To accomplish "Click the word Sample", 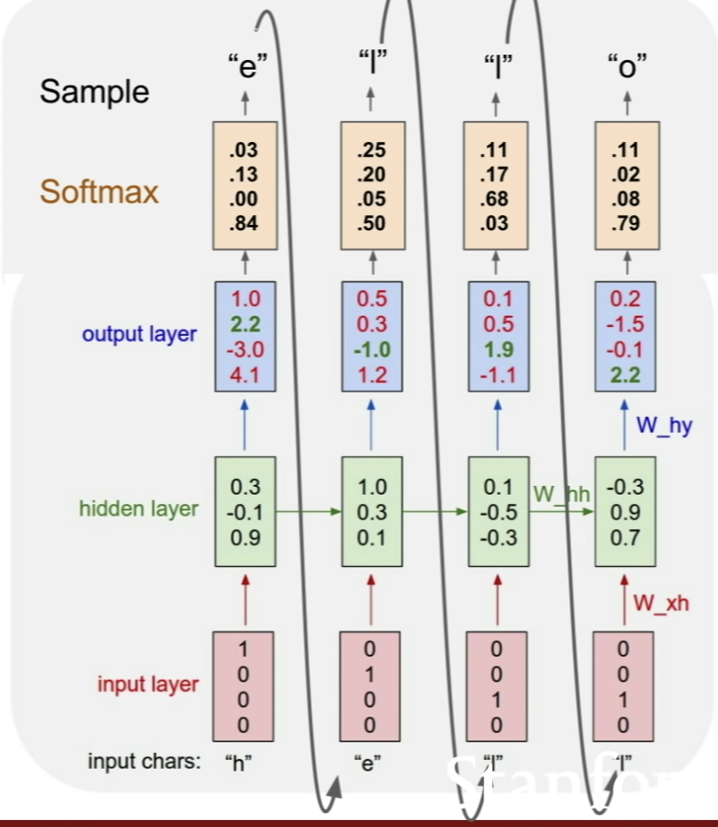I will (94, 91).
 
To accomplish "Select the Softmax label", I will (100, 191).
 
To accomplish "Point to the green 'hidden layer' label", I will (138, 509).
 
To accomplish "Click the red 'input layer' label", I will (147, 684).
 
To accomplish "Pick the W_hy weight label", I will (663, 426).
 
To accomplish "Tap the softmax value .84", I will (243, 223).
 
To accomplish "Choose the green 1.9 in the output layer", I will (497, 350).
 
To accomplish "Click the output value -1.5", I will (625, 324).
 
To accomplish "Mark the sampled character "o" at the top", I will (627, 65).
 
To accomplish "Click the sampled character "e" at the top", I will (246, 65).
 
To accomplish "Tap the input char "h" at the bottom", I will (238, 762).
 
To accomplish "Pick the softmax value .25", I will (370, 151).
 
